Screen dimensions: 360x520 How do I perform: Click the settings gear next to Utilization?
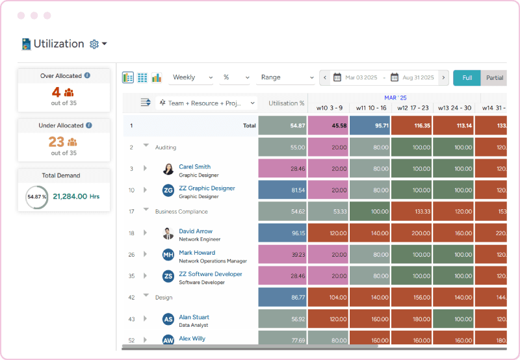coord(94,44)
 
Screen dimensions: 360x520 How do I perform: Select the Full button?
coord(467,78)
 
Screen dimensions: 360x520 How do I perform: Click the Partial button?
coord(494,78)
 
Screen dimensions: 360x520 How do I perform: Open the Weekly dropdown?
coord(192,77)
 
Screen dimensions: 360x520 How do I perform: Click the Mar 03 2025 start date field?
coord(361,78)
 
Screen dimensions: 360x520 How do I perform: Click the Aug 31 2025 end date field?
coord(417,78)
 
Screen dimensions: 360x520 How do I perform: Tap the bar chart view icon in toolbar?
coord(157,77)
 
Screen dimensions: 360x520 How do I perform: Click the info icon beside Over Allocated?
coord(87,75)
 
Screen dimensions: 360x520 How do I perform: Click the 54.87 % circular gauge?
coord(36,196)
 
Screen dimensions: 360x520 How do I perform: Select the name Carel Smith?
coord(194,167)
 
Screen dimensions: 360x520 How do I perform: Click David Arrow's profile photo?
coord(168,233)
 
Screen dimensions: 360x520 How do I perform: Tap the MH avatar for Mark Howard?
coord(168,255)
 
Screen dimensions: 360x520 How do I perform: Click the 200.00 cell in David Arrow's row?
coord(411,233)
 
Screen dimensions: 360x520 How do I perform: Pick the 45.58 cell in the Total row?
coord(328,125)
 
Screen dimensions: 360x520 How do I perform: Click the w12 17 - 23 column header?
coord(412,108)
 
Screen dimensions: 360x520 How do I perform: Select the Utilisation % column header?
coord(286,103)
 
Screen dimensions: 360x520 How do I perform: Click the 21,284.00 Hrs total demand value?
coord(76,196)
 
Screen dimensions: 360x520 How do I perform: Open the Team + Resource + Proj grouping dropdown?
coord(207,103)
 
